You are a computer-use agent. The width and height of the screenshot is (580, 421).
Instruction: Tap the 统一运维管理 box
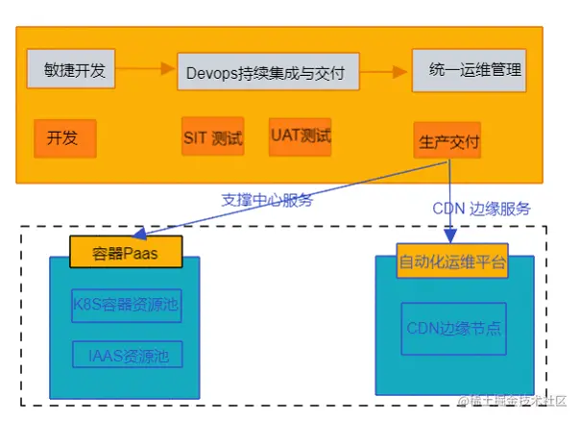[469, 70]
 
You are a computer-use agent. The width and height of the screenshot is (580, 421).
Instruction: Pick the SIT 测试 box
[212, 137]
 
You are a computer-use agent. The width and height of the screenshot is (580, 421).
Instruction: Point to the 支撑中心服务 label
[267, 200]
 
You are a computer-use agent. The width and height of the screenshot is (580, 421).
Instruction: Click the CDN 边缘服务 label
[481, 208]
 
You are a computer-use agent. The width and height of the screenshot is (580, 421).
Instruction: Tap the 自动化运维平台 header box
[451, 260]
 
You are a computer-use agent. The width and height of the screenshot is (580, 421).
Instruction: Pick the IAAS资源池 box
[128, 355]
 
